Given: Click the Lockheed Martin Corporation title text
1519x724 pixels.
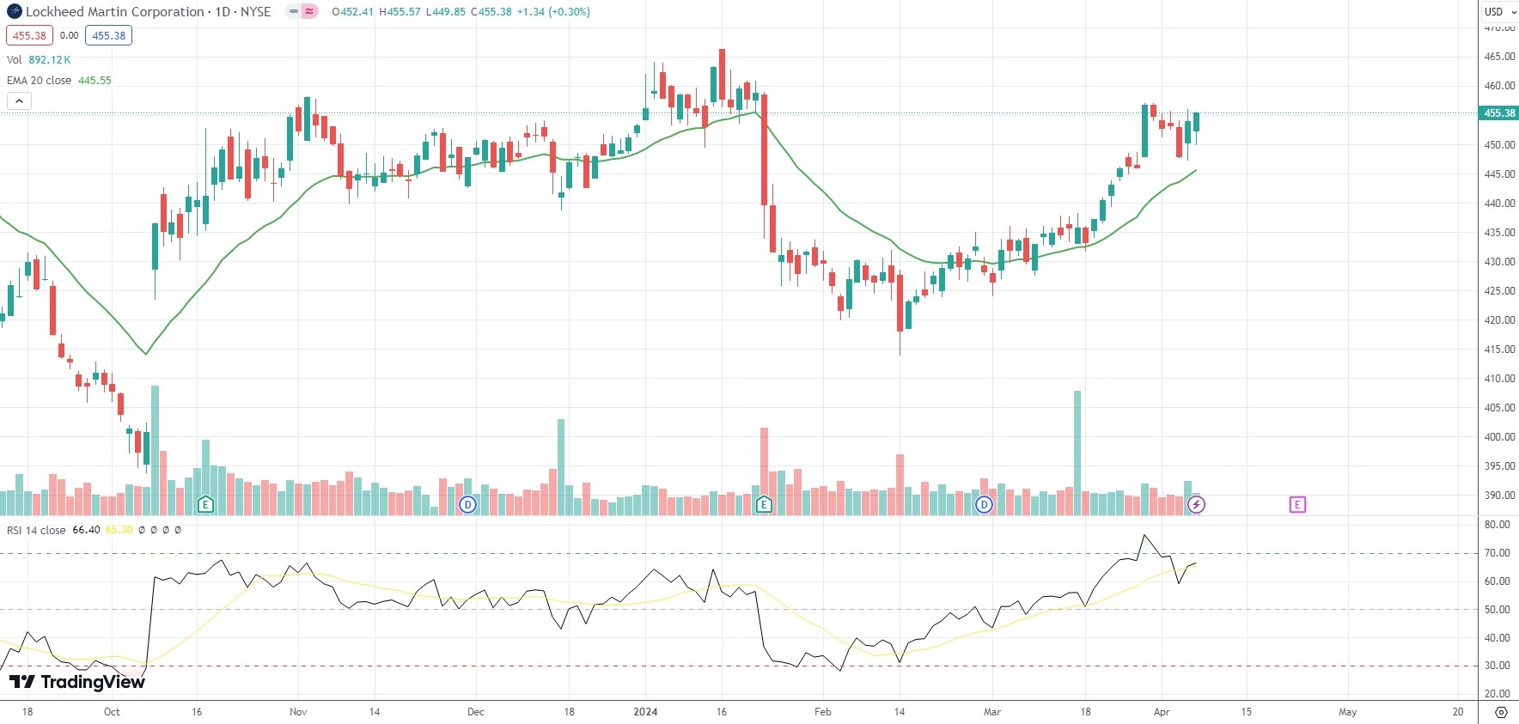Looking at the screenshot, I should click(x=114, y=12).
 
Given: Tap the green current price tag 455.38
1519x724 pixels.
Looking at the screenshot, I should click(x=1499, y=113).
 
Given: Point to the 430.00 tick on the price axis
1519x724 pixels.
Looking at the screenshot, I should click(x=1499, y=262).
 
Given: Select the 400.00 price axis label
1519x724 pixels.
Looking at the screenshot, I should click(x=1499, y=437).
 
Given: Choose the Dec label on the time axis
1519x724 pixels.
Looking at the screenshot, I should click(x=475, y=712).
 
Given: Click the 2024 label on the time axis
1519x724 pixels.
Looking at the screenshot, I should click(x=645, y=712).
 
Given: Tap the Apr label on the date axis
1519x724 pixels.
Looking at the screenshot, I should click(x=1162, y=712).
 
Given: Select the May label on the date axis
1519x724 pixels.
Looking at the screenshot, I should click(x=1347, y=712).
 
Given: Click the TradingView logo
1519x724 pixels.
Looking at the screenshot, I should click(x=77, y=682).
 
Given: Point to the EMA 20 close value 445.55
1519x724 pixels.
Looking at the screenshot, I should click(x=95, y=81).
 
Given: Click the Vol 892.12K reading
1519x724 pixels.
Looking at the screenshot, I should click(x=50, y=60).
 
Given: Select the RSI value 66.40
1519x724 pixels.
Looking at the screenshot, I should click(x=86, y=530).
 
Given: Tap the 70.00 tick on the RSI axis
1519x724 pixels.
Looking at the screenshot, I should click(x=1497, y=553).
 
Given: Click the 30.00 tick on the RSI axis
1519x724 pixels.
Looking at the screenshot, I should click(x=1497, y=666).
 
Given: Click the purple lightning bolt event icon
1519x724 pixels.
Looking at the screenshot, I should click(x=1196, y=505).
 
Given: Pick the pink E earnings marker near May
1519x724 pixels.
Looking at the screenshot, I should click(x=1297, y=505).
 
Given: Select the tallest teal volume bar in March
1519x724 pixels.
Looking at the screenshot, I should click(x=1077, y=453).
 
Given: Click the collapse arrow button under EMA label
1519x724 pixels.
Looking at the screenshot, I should click(x=19, y=101).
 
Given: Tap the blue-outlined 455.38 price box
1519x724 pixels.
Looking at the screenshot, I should click(x=108, y=36).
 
